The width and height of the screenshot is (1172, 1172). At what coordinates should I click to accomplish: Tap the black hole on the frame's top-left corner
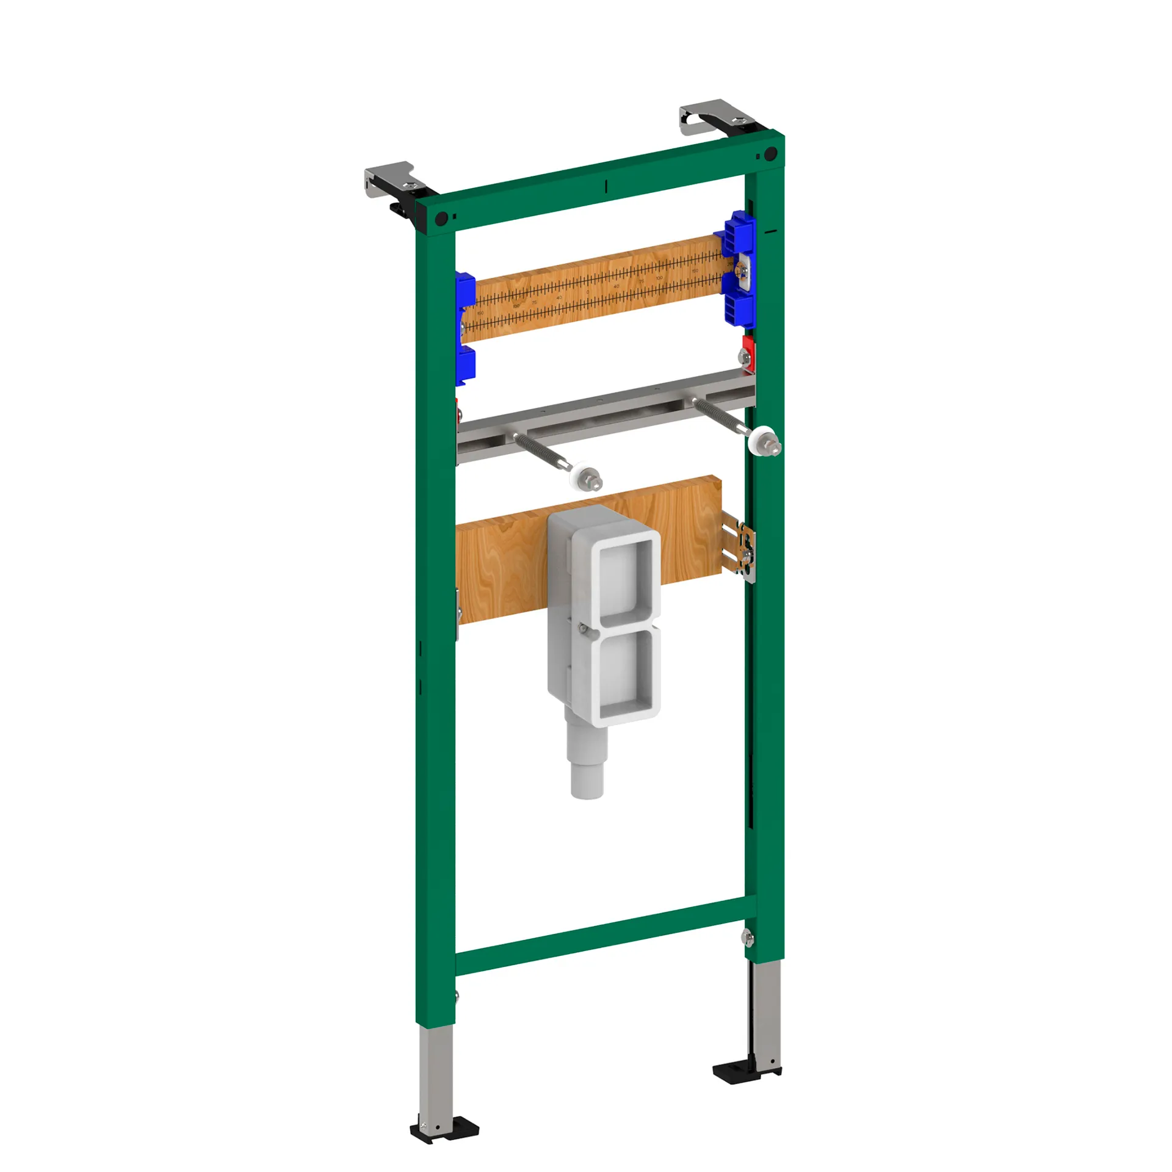pyautogui.click(x=441, y=218)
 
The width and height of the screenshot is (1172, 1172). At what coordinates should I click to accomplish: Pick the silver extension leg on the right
pyautogui.click(x=767, y=1013)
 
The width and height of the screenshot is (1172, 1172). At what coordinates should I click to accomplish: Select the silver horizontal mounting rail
pyautogui.click(x=604, y=415)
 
